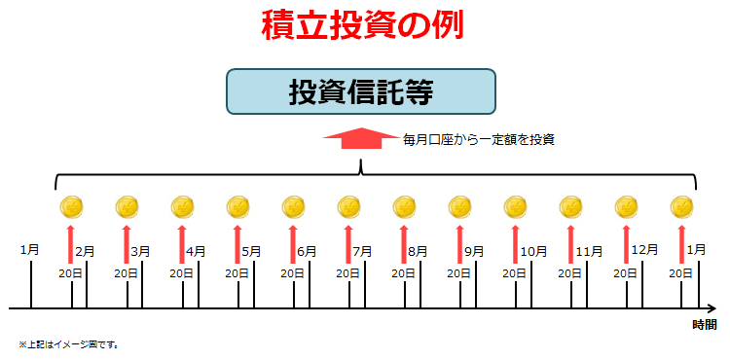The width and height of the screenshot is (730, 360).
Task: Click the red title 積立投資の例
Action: click(361, 25)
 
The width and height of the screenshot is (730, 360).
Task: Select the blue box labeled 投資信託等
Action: click(361, 92)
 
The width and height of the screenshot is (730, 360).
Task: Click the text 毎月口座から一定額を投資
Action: click(479, 140)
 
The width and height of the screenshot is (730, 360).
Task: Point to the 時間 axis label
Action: click(704, 324)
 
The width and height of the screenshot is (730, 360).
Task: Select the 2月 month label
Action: click(85, 251)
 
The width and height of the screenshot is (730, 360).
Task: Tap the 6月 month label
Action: click(307, 251)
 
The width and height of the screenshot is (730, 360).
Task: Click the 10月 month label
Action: click(533, 251)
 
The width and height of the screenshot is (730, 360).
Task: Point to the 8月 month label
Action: click(419, 251)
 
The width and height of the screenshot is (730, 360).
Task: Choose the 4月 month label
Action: click(196, 251)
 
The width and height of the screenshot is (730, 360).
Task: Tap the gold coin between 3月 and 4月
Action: click(181, 207)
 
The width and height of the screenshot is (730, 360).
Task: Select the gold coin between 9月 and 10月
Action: click(515, 207)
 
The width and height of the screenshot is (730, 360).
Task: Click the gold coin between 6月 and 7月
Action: click(348, 207)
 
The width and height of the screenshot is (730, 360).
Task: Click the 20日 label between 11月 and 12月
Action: click(626, 273)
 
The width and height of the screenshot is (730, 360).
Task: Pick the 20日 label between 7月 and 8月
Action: click(403, 273)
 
